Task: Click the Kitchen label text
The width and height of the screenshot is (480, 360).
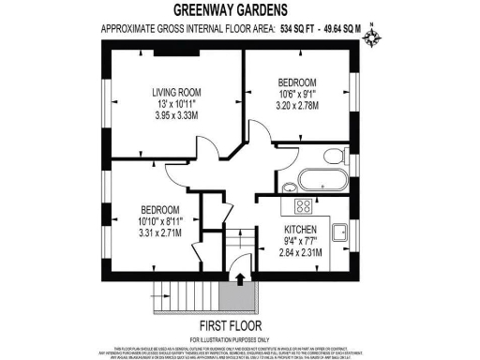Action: click(301, 230)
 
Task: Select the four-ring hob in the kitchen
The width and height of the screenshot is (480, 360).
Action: click(303, 205)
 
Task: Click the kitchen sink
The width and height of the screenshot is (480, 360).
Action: click(341, 232)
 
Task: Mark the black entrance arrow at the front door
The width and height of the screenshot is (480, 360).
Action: click(242, 278)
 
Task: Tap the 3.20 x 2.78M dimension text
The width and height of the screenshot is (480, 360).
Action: click(299, 106)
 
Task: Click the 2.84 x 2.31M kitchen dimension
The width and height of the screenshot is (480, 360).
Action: click(301, 253)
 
